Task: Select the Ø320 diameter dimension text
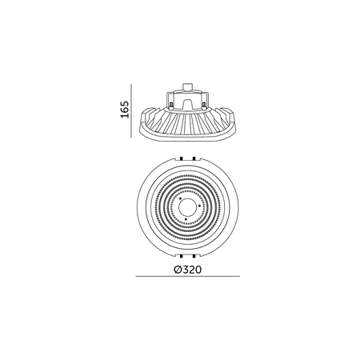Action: click(186, 270)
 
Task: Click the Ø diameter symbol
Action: click(176, 270)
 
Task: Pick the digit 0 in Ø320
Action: click(196, 270)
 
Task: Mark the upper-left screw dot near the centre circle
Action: click(179, 198)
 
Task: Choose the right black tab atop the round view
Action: click(204, 158)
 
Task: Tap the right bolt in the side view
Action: click(204, 104)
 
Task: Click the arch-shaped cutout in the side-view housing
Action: click(186, 104)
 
